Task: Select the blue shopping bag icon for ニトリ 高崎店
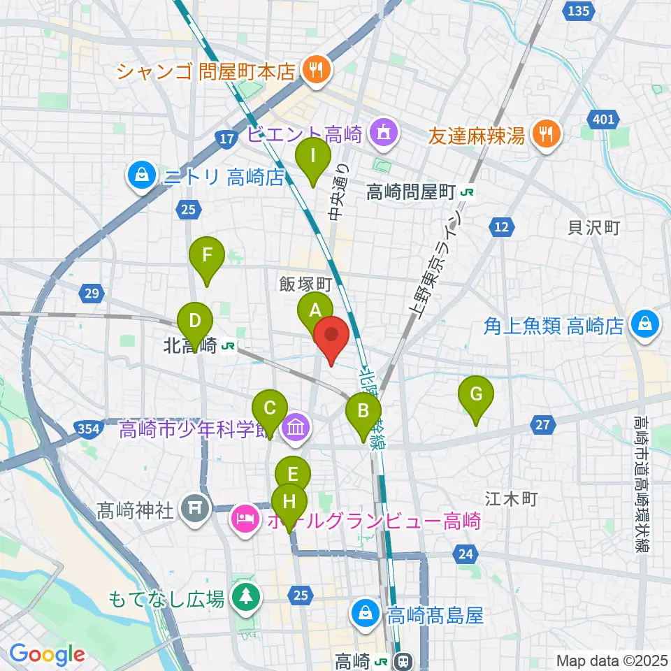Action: [x=143, y=176]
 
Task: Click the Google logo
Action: [x=47, y=655]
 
